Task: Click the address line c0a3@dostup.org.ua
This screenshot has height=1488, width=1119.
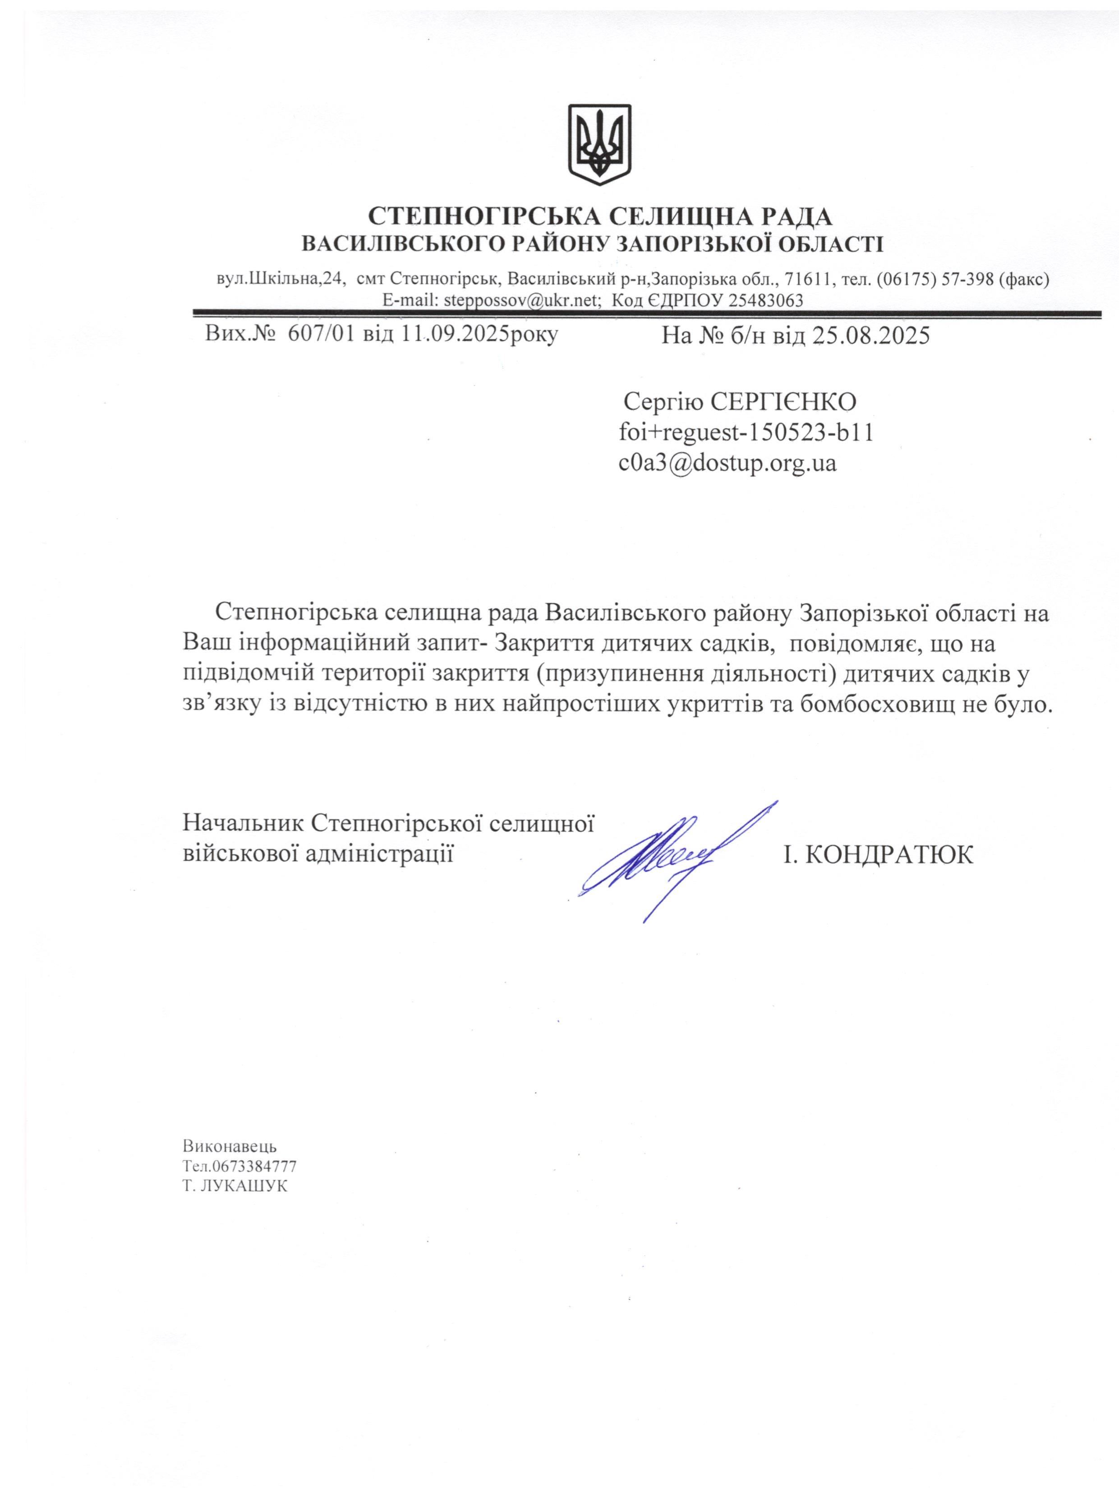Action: (728, 464)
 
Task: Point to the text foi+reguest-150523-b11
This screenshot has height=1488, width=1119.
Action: (746, 433)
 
